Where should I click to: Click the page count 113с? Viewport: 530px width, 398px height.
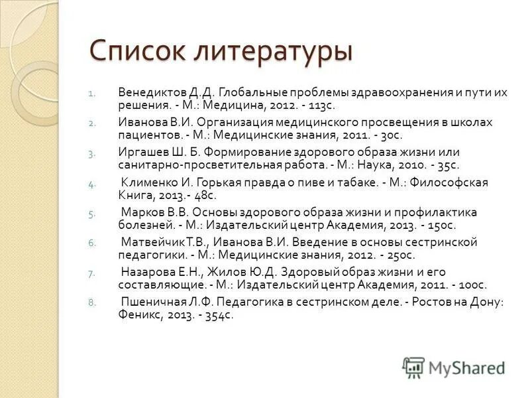tap(322, 105)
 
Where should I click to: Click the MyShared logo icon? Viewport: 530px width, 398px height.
tap(413, 367)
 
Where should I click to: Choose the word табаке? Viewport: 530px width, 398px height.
tap(342, 182)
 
